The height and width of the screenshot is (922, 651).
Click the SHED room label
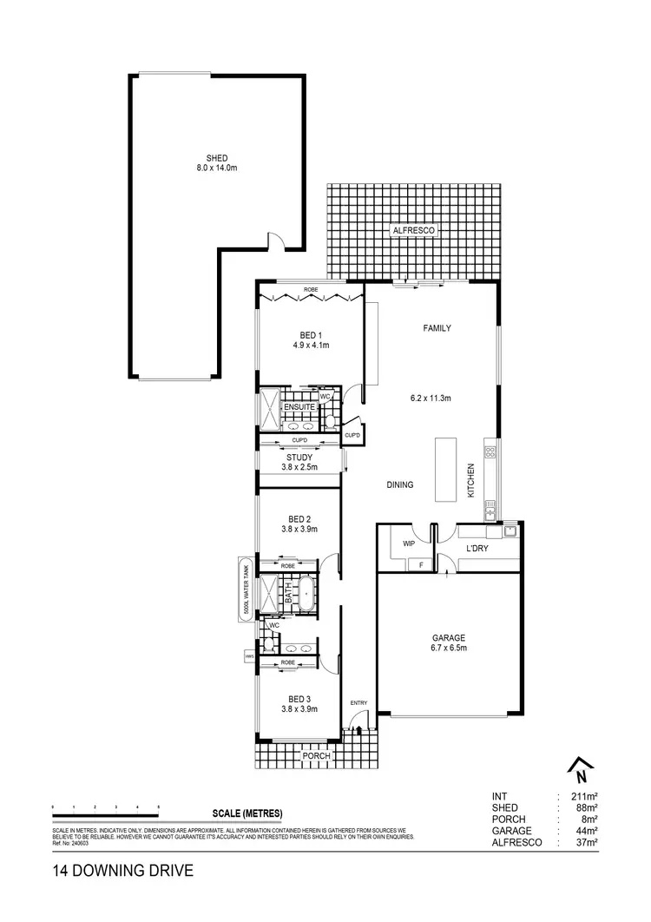coord(216,157)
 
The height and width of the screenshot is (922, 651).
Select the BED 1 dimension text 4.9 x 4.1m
coord(311,345)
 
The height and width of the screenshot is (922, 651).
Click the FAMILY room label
coord(438,328)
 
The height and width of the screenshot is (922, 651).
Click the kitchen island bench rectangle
coord(445,469)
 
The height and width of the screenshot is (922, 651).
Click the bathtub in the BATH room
coord(306,594)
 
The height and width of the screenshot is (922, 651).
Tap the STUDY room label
coord(299,457)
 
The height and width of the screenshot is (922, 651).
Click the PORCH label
coord(316,756)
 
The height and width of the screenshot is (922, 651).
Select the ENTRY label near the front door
coord(358,702)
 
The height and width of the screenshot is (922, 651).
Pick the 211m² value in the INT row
coord(586,796)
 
